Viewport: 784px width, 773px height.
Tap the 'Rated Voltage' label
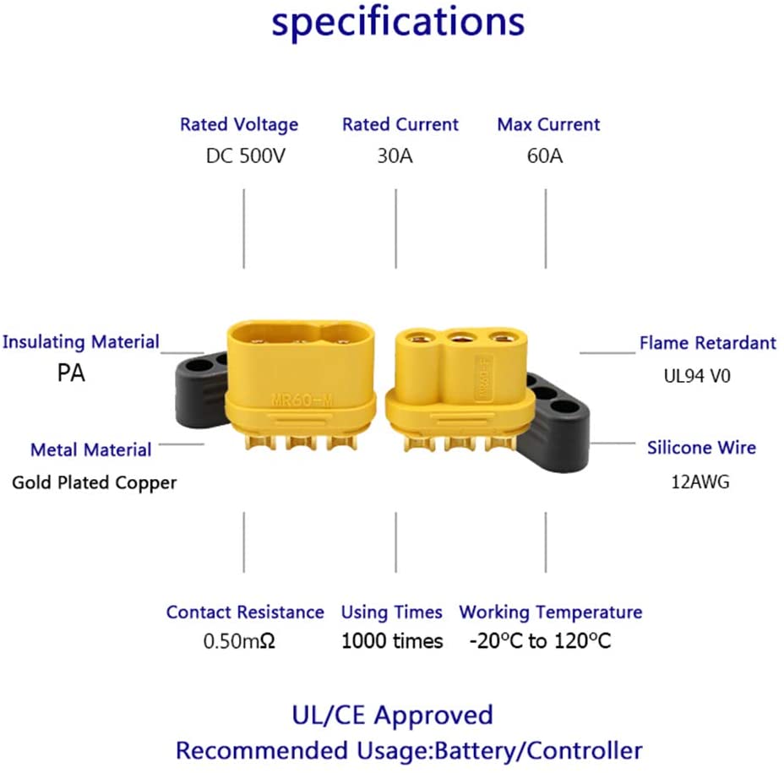[239, 125]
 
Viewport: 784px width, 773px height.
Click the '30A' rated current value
[395, 156]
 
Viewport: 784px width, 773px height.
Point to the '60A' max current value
[545, 156]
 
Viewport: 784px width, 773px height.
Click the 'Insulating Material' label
[81, 342]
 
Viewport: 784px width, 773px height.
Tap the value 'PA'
[71, 373]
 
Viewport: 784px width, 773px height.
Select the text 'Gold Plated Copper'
[95, 483]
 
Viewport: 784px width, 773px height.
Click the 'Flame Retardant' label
[708, 343]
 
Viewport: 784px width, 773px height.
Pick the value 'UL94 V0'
[697, 376]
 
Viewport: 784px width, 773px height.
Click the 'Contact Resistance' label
[245, 612]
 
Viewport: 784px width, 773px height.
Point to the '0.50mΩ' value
[239, 642]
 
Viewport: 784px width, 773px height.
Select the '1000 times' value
[392, 642]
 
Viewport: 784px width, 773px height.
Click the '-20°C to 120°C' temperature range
[540, 642]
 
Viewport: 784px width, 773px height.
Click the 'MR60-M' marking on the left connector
[305, 400]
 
